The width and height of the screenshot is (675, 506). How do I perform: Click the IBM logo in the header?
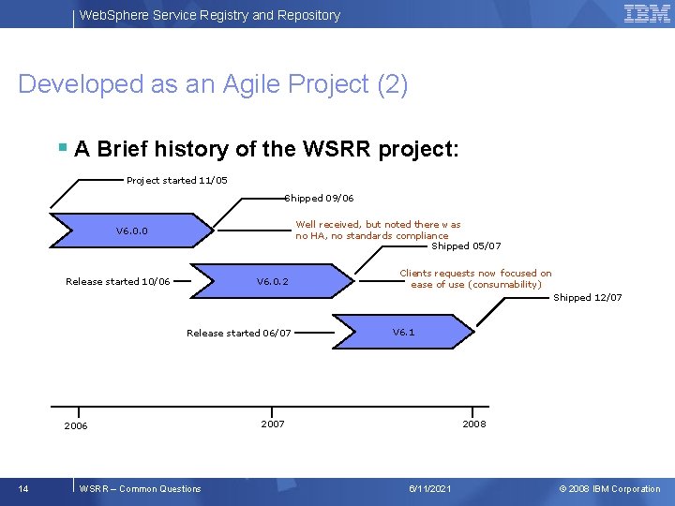coord(646,13)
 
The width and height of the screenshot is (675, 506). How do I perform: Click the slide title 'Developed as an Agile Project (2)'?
coord(213,84)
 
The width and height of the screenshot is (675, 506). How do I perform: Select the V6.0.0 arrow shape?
coord(131,231)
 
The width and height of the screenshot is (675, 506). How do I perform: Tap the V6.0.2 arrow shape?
coord(273,281)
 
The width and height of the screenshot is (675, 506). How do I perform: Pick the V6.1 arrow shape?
coord(404,332)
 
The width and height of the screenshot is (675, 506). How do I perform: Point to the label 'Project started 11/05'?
coord(176,180)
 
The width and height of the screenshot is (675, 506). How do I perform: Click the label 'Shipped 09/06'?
coord(320,198)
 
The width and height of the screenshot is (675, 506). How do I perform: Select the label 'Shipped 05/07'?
coord(466,246)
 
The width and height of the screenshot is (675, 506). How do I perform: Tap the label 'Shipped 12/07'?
coord(587,297)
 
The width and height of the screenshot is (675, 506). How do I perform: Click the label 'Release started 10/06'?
coord(117,281)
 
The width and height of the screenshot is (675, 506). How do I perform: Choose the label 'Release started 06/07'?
coord(238,333)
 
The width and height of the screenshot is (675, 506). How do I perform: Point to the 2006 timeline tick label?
coord(76,426)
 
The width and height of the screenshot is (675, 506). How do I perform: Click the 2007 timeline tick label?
coord(272,424)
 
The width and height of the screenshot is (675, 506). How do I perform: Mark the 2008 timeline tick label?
coord(473,424)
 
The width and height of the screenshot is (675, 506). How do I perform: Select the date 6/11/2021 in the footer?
coord(430,488)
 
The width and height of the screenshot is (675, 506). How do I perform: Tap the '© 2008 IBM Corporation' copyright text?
coord(609,488)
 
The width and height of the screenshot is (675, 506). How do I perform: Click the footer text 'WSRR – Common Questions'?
coord(141,488)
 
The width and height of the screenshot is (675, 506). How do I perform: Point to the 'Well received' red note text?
coord(378,230)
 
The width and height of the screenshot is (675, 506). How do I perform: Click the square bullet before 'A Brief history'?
coord(62,148)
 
